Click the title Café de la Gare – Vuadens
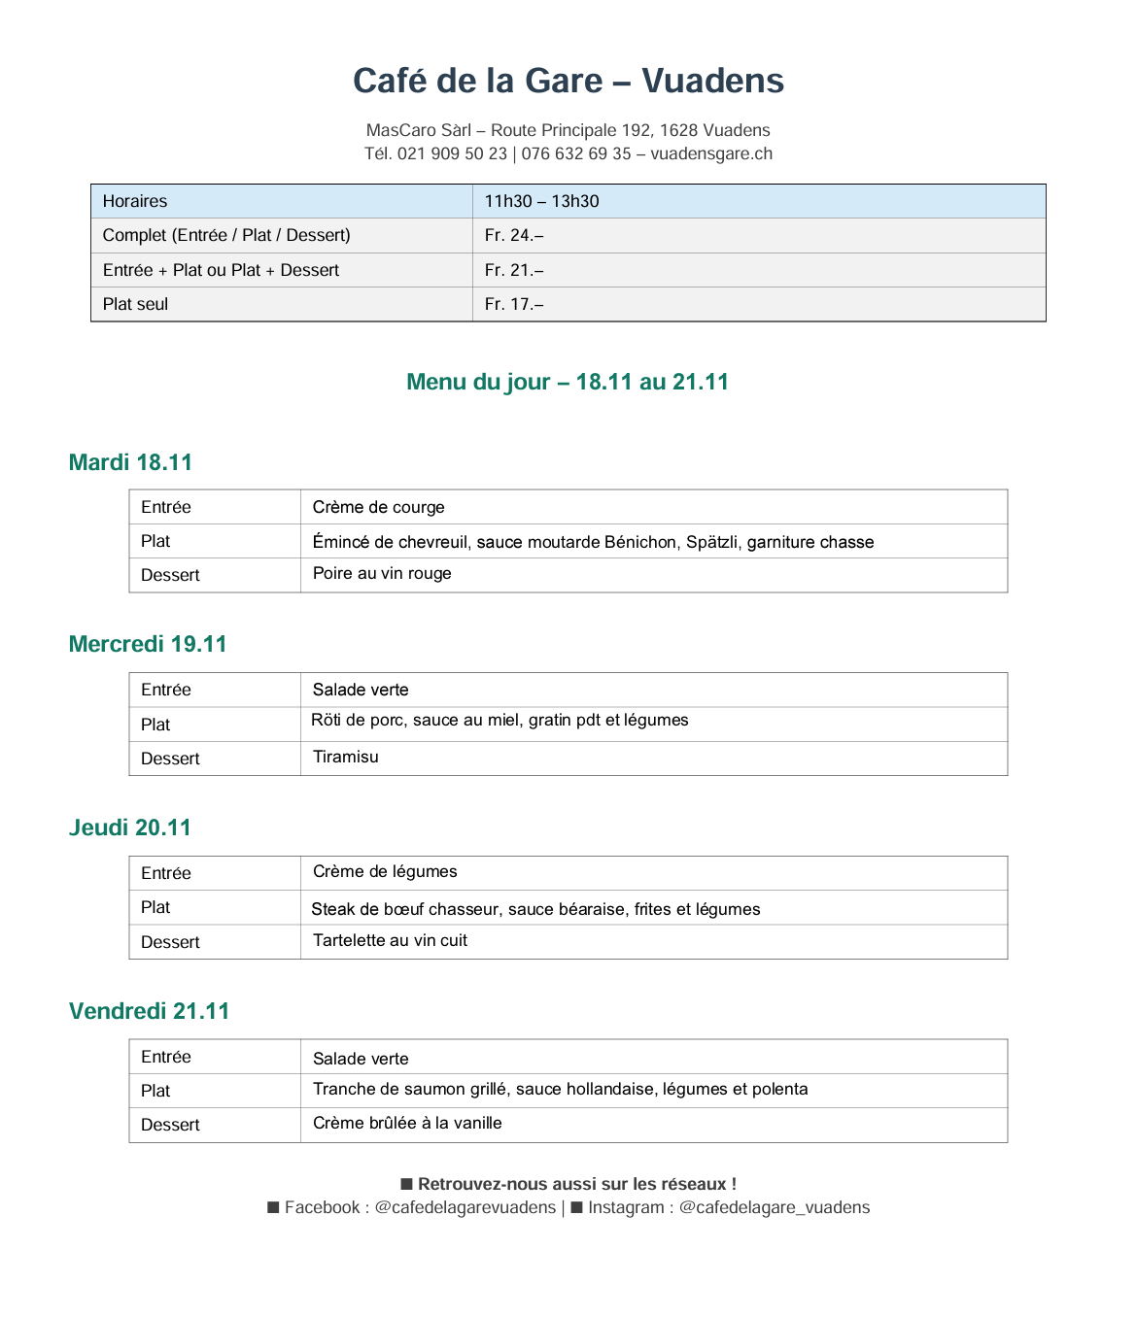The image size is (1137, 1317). (568, 81)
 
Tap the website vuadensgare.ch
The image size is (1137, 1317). (711, 153)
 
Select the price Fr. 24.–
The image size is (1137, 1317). (513, 235)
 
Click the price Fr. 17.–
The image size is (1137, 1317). (513, 304)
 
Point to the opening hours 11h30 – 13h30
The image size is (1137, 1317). (541, 201)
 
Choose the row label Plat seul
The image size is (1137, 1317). (135, 304)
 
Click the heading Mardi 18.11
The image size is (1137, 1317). (130, 462)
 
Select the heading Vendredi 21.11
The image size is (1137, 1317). (149, 1011)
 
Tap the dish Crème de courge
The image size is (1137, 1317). (378, 507)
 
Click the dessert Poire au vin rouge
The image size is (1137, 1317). (382, 573)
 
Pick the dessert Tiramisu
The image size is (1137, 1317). (345, 757)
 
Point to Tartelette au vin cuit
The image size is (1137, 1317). (390, 940)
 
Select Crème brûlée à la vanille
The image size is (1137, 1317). (407, 1123)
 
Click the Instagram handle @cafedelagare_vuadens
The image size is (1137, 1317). (774, 1207)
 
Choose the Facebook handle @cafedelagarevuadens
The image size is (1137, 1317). (465, 1207)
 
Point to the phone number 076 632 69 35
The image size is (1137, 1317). (576, 153)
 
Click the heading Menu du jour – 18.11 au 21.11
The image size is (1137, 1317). (568, 382)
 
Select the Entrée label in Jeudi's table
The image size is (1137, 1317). (165, 873)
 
